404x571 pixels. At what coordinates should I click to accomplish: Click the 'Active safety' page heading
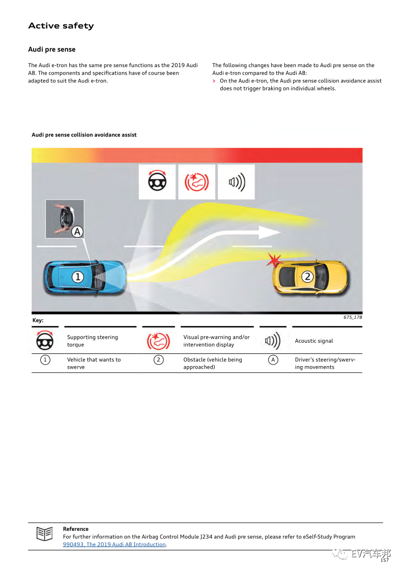click(x=61, y=26)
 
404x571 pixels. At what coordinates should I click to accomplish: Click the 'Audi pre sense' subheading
click(x=51, y=49)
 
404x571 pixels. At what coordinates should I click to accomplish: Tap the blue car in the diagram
click(x=85, y=278)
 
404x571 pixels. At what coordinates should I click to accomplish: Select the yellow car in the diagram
click(x=310, y=277)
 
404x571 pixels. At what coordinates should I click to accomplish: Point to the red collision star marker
click(x=274, y=260)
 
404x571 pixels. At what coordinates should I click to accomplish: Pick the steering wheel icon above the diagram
click(x=157, y=182)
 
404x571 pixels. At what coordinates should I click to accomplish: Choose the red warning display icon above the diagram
click(x=197, y=182)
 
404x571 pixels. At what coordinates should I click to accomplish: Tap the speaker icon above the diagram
click(x=236, y=182)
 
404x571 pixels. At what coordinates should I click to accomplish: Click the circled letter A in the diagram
click(x=77, y=232)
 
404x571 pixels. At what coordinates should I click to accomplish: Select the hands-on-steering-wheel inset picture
click(x=65, y=219)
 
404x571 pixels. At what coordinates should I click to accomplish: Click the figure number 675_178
click(x=352, y=317)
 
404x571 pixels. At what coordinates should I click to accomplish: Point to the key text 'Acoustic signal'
click(x=314, y=341)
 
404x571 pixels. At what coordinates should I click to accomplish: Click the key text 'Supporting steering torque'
click(x=93, y=341)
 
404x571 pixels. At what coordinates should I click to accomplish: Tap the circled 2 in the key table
click(x=159, y=360)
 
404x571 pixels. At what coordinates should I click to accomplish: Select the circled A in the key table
click(x=273, y=360)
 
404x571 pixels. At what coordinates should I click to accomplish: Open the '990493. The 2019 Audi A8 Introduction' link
click(x=114, y=545)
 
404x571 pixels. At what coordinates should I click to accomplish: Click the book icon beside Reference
click(x=45, y=534)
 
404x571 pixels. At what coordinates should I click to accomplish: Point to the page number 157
click(x=385, y=560)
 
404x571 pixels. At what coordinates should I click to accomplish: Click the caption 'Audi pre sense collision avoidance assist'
click(x=84, y=135)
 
